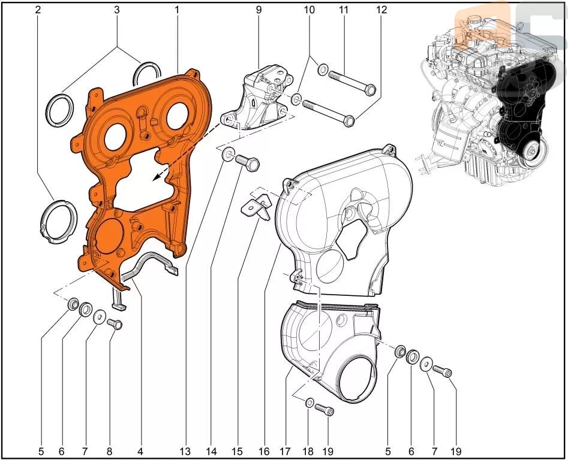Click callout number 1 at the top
177,10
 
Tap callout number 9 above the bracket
259,10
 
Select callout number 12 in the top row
382,10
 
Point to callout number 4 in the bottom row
140,452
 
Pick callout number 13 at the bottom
185,452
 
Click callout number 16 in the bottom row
265,452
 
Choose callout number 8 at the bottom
109,452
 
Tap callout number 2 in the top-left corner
38,10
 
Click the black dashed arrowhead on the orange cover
156,177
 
